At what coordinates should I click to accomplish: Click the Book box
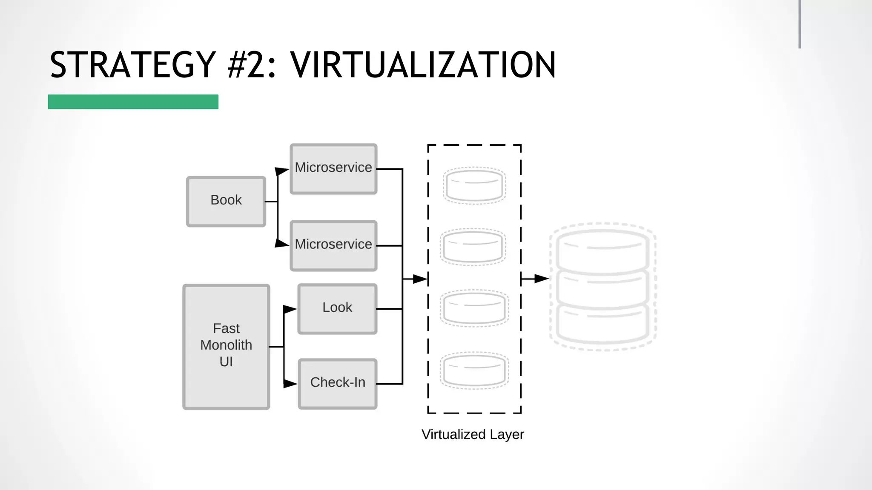click(x=226, y=202)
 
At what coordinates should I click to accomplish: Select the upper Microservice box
click(x=333, y=169)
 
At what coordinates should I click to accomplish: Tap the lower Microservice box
click(x=333, y=245)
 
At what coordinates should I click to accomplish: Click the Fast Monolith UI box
click(x=226, y=346)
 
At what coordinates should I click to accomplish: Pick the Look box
click(x=337, y=308)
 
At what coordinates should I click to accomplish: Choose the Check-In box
click(x=337, y=383)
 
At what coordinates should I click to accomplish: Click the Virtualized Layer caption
click(x=473, y=434)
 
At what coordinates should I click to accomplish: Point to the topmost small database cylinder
click(x=474, y=185)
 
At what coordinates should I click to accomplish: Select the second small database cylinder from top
click(x=473, y=247)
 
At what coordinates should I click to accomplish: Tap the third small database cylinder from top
click(x=474, y=308)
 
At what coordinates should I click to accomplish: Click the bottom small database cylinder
click(x=474, y=370)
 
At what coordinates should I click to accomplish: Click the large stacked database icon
click(x=602, y=286)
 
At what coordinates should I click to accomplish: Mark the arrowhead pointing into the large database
click(x=541, y=279)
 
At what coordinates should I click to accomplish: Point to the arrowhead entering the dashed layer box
click(x=420, y=279)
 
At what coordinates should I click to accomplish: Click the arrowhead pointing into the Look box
click(x=290, y=309)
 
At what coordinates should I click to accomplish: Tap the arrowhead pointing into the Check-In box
click(x=290, y=384)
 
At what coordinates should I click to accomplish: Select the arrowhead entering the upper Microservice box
click(x=281, y=171)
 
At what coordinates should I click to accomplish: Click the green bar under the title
click(x=133, y=102)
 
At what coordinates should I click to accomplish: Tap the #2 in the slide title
click(x=247, y=65)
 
